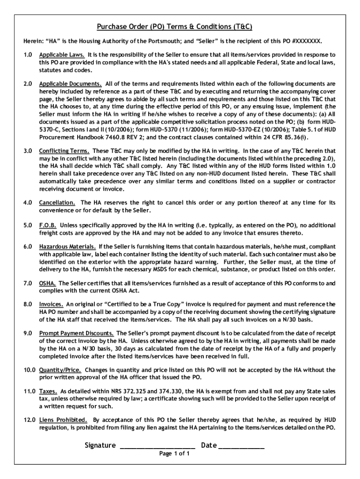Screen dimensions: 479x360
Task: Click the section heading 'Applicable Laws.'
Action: point(62,55)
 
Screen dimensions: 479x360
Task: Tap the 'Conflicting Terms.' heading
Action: point(65,151)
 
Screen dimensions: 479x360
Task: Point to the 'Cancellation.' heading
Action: point(57,203)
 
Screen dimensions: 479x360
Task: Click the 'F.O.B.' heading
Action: point(48,225)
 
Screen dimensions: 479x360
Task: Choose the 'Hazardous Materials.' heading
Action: point(68,247)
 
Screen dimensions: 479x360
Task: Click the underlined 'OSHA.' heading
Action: point(48,283)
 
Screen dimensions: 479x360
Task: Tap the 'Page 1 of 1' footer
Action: point(174,454)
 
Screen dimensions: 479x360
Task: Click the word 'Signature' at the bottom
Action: point(100,445)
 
